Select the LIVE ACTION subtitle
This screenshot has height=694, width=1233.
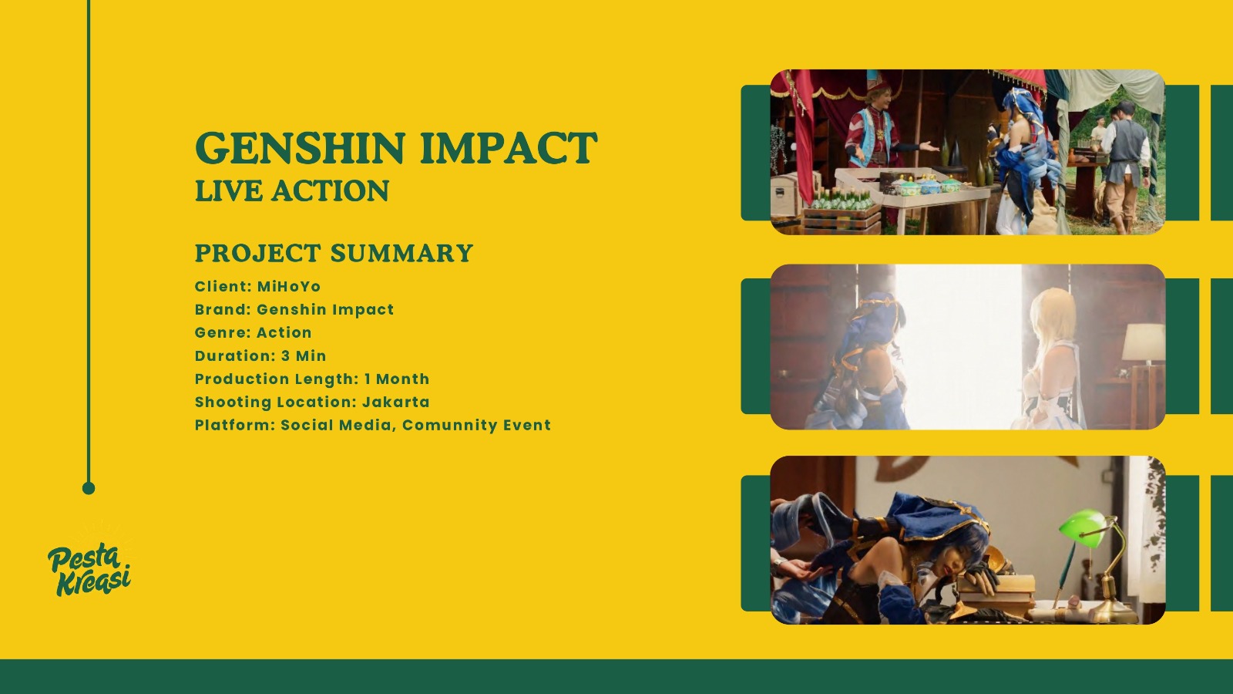(x=292, y=190)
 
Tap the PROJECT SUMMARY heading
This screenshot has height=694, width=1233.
(x=334, y=253)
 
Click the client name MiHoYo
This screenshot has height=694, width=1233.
(x=289, y=286)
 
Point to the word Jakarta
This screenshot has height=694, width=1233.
(x=396, y=402)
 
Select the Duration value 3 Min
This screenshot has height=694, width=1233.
(x=304, y=355)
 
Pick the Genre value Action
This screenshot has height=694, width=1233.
(x=284, y=332)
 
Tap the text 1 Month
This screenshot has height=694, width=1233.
(x=397, y=379)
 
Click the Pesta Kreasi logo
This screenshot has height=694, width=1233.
(x=89, y=568)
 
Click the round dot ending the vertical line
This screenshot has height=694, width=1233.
(x=89, y=488)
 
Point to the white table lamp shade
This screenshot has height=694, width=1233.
(x=1144, y=342)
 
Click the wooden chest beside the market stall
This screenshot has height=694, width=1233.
(x=786, y=194)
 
